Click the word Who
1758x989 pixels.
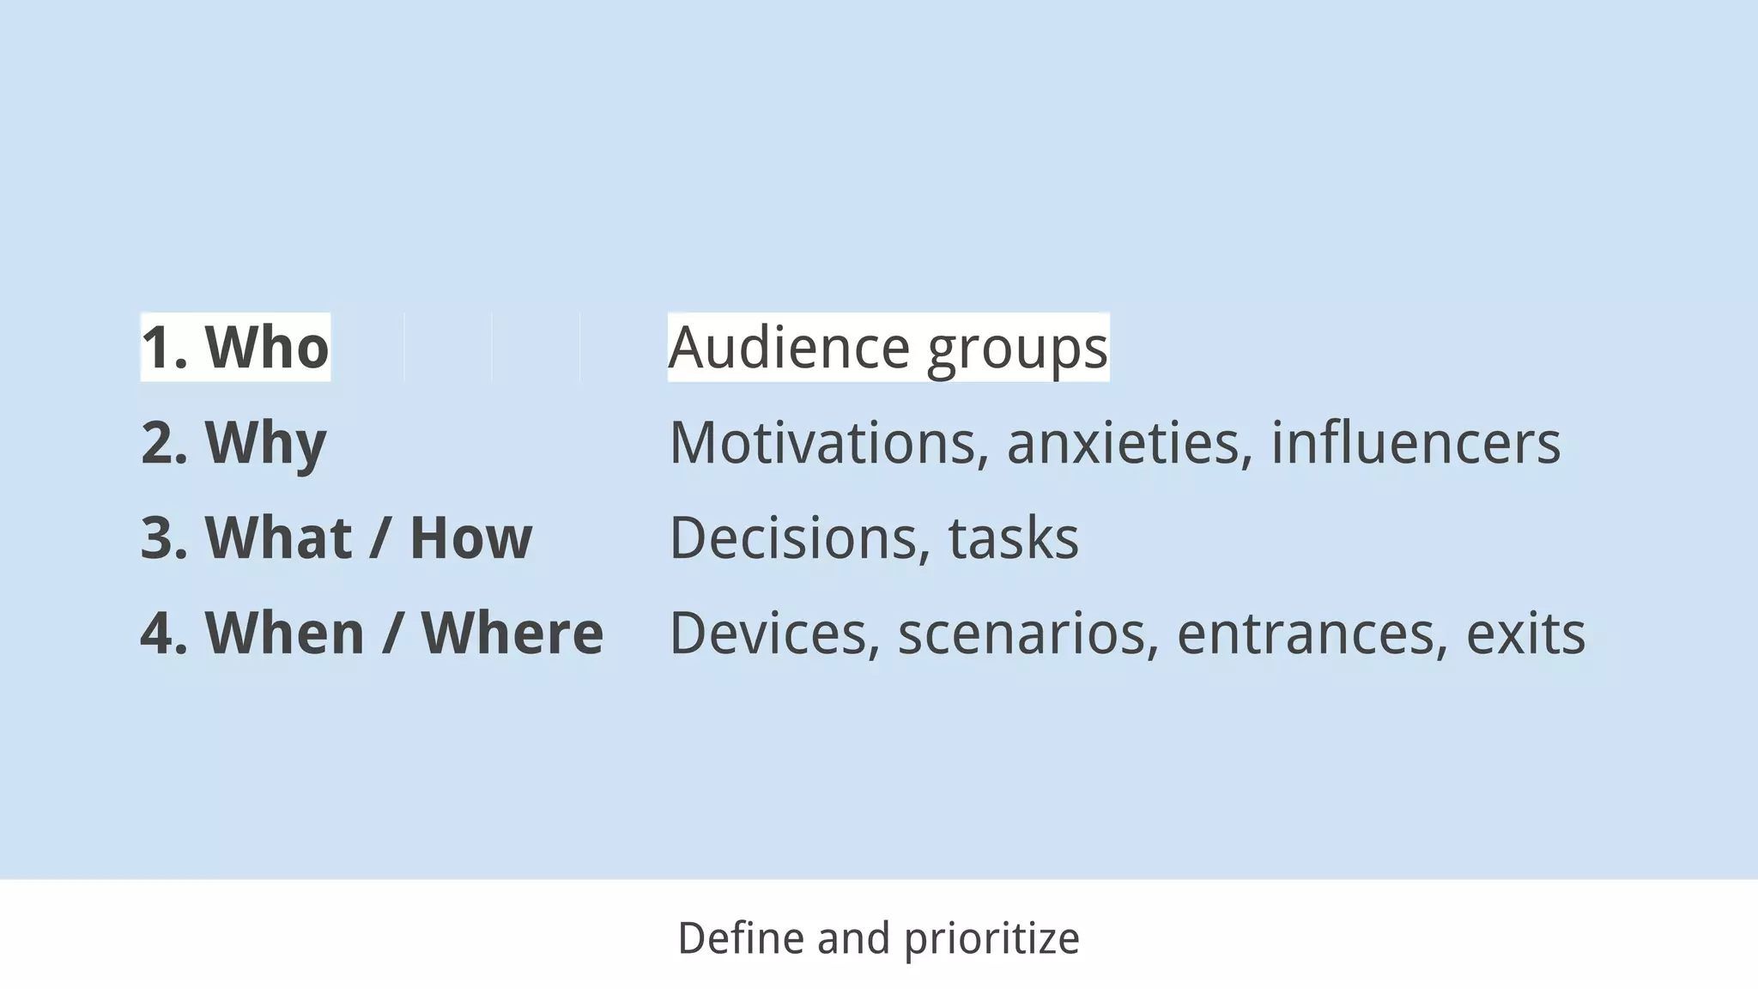[x=267, y=347]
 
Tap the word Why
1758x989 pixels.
[x=265, y=444]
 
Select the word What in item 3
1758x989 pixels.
[x=278, y=538]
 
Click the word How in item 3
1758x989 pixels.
[x=471, y=538]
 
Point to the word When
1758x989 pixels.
[x=285, y=634]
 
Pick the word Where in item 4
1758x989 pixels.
[x=512, y=634]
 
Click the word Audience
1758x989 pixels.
[x=789, y=348]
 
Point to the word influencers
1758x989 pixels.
[x=1415, y=443]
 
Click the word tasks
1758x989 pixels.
[x=1013, y=539]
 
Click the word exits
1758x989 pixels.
[x=1525, y=634]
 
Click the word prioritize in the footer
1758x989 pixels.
[x=991, y=939]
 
